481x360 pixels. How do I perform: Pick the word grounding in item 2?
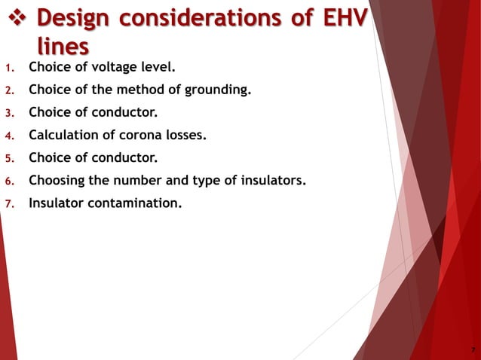217,91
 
